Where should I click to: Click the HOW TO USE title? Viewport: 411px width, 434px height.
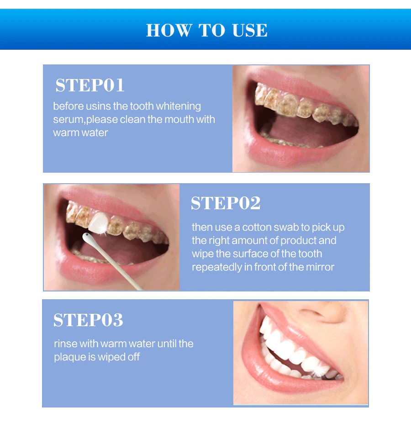[x=206, y=30]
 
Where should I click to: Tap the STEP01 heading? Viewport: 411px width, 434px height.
[x=90, y=85]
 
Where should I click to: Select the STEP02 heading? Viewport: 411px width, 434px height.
[x=226, y=203]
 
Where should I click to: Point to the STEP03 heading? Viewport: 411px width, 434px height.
[x=88, y=320]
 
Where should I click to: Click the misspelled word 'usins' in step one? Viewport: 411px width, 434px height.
[x=99, y=106]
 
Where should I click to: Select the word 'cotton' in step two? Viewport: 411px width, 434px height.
[x=256, y=228]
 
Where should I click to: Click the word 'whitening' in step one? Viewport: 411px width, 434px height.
[x=178, y=106]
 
